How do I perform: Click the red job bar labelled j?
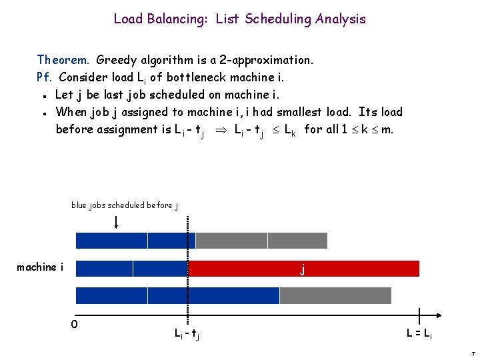click(x=303, y=269)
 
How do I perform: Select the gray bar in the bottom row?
click(x=335, y=295)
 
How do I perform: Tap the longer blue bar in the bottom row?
click(x=213, y=295)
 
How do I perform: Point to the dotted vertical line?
click(x=187, y=267)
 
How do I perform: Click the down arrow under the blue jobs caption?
click(x=117, y=221)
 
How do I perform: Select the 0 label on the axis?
click(x=75, y=325)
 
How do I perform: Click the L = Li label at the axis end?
click(x=419, y=332)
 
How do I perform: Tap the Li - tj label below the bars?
click(x=187, y=333)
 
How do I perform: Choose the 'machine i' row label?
click(x=40, y=267)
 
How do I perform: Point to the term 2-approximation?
click(x=274, y=60)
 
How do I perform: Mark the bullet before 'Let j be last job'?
click(x=43, y=95)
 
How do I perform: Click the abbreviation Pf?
click(x=44, y=77)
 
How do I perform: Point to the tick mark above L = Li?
click(x=419, y=315)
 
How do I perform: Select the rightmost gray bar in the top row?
click(x=297, y=241)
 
